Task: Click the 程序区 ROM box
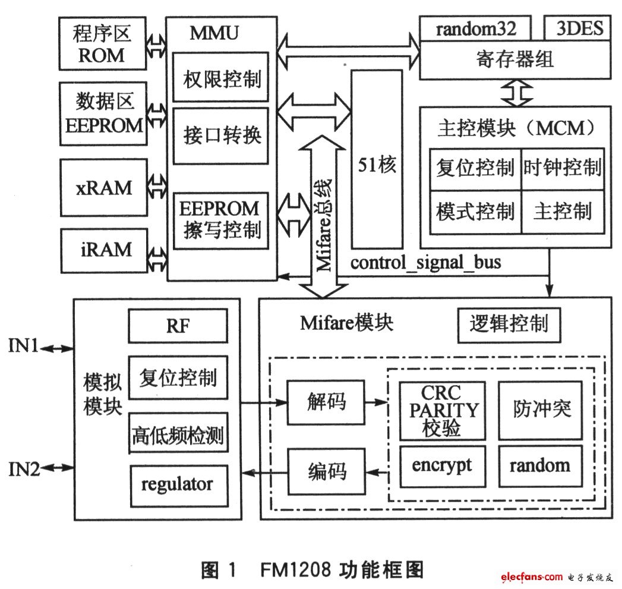(x=102, y=43)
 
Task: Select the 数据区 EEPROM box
(x=103, y=113)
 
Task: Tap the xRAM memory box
(x=103, y=187)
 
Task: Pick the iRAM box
(x=103, y=249)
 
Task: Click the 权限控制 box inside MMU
(x=220, y=77)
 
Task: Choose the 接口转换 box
(x=220, y=135)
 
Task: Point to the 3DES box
(x=578, y=29)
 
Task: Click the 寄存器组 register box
(x=515, y=59)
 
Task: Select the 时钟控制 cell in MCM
(x=562, y=169)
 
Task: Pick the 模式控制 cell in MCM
(x=475, y=212)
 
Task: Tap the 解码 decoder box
(x=326, y=402)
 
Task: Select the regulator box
(x=178, y=484)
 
